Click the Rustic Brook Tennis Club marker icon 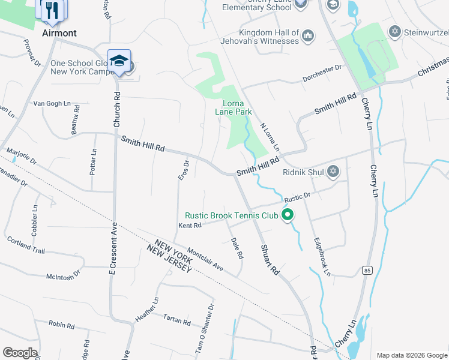point(288,214)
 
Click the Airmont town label point(59,34)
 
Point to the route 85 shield point(366,271)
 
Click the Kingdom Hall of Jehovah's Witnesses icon point(308,36)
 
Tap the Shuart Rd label point(270,259)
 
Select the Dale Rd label point(237,248)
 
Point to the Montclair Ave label point(205,259)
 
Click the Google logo point(20,353)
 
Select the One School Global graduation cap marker point(119,61)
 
